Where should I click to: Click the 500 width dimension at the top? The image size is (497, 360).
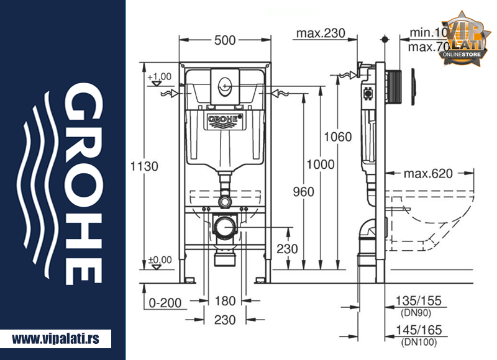click(224, 40)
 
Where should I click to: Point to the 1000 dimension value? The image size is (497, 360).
click(321, 164)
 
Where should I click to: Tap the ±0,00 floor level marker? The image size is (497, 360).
click(160, 259)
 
